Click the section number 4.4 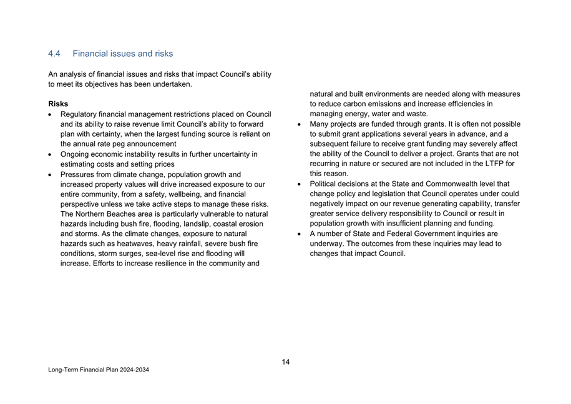click(x=54, y=54)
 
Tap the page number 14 click(x=285, y=362)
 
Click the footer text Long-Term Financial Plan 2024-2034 click(x=99, y=370)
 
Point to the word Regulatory click(x=79, y=114)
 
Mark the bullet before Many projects click(x=300, y=124)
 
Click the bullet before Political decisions click(x=300, y=184)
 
